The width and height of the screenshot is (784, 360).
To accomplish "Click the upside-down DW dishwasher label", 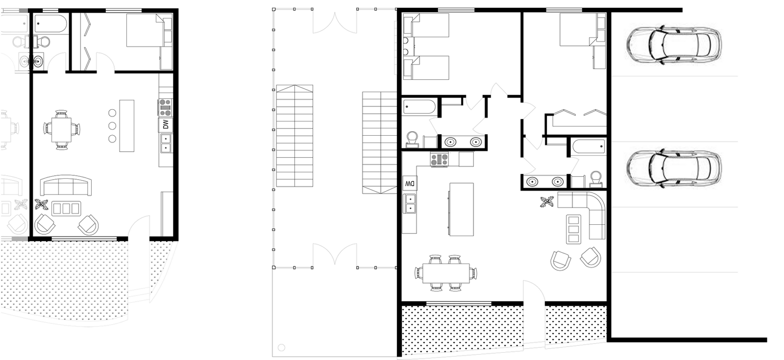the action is point(410,183).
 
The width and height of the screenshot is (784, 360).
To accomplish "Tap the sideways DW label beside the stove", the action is point(166,124).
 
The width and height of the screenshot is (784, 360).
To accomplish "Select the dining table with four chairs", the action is point(61,129).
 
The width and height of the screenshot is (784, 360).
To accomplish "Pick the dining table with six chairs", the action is point(446,273).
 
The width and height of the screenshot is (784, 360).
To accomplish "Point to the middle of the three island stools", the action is point(112,125).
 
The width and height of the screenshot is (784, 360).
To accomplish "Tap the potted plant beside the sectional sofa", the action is point(547,202).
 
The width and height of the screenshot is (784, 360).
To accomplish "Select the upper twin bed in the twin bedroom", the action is point(426,25).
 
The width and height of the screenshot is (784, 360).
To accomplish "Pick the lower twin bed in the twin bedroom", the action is point(426,68).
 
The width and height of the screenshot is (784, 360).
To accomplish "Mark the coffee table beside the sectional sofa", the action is point(574,229).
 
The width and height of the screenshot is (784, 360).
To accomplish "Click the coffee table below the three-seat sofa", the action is point(66,209).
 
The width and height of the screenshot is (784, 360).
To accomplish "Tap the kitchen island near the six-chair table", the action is point(461,209).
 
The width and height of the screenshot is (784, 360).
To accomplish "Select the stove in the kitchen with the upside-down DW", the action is point(440,160).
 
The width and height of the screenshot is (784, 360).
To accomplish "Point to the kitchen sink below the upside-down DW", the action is point(410,204).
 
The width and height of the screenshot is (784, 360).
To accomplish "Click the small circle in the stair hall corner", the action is point(281,348).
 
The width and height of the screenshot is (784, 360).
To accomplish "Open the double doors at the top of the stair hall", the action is point(335,22).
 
